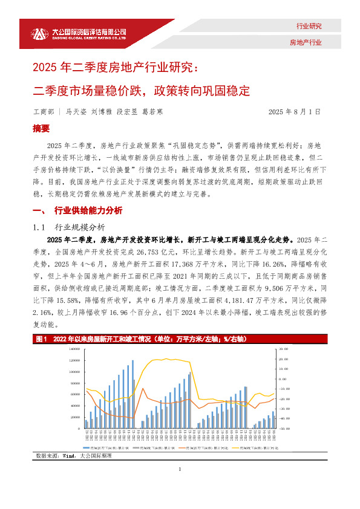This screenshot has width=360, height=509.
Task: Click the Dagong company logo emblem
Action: coord(39,34)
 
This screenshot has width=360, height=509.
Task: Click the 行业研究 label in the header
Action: coord(309,26)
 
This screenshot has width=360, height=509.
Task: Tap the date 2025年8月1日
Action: coord(293,112)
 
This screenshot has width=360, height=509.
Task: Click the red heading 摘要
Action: coord(41,129)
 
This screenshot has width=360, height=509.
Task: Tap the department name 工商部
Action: coord(43,112)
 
